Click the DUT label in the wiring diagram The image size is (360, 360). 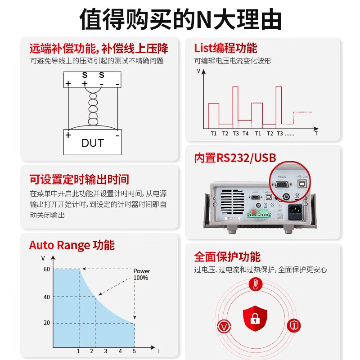click(93, 143)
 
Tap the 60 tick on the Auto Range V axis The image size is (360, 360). click(47, 269)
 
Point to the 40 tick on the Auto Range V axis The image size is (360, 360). click(47, 297)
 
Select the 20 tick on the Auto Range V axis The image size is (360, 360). click(47, 323)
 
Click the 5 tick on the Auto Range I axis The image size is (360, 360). click(134, 351)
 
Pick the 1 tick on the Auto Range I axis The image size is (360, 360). click(79, 351)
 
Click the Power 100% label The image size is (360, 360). click(141, 274)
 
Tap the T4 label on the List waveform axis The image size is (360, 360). click(245, 134)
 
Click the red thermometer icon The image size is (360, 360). click(255, 284)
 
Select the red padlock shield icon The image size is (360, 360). click(255, 318)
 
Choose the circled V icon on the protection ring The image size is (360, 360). click(224, 326)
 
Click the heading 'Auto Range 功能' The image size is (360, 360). click(72, 245)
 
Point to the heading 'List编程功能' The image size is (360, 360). click(225, 48)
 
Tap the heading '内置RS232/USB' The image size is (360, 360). click(235, 157)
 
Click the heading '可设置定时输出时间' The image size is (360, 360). click(79, 180)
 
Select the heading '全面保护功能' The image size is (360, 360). click(227, 257)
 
